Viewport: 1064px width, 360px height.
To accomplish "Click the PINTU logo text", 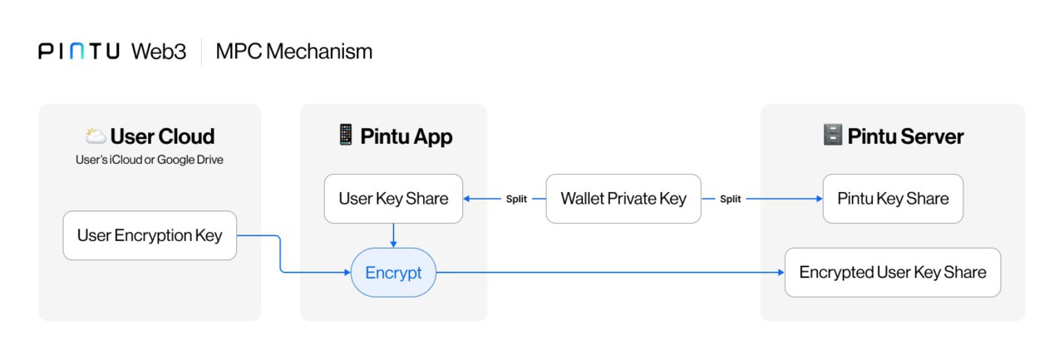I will click(79, 52).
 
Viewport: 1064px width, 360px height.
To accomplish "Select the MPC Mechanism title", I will click(293, 52).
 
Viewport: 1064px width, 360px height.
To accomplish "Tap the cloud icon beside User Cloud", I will click(95, 136).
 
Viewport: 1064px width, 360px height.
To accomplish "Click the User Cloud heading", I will click(162, 136).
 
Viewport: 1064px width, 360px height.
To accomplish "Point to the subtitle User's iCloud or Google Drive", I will click(150, 160).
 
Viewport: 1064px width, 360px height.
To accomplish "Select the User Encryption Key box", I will click(150, 235).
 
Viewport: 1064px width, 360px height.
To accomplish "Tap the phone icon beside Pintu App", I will click(346, 136).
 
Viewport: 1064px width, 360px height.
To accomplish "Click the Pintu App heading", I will click(406, 136).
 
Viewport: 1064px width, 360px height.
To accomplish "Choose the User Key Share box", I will click(393, 199).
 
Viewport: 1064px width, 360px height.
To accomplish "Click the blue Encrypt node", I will click(393, 273).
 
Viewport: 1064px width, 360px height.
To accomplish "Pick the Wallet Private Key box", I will click(623, 199).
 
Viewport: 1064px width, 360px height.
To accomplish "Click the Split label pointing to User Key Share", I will click(516, 200).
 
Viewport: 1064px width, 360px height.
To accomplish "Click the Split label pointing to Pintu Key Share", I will click(730, 200).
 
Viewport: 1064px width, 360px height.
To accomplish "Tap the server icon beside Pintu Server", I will click(832, 136).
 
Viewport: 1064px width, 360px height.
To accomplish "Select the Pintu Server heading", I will click(905, 136).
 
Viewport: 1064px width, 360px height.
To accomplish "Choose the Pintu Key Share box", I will click(893, 199).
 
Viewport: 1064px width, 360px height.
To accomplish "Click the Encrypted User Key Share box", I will click(893, 273).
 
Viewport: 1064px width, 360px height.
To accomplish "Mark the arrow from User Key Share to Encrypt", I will click(393, 234).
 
